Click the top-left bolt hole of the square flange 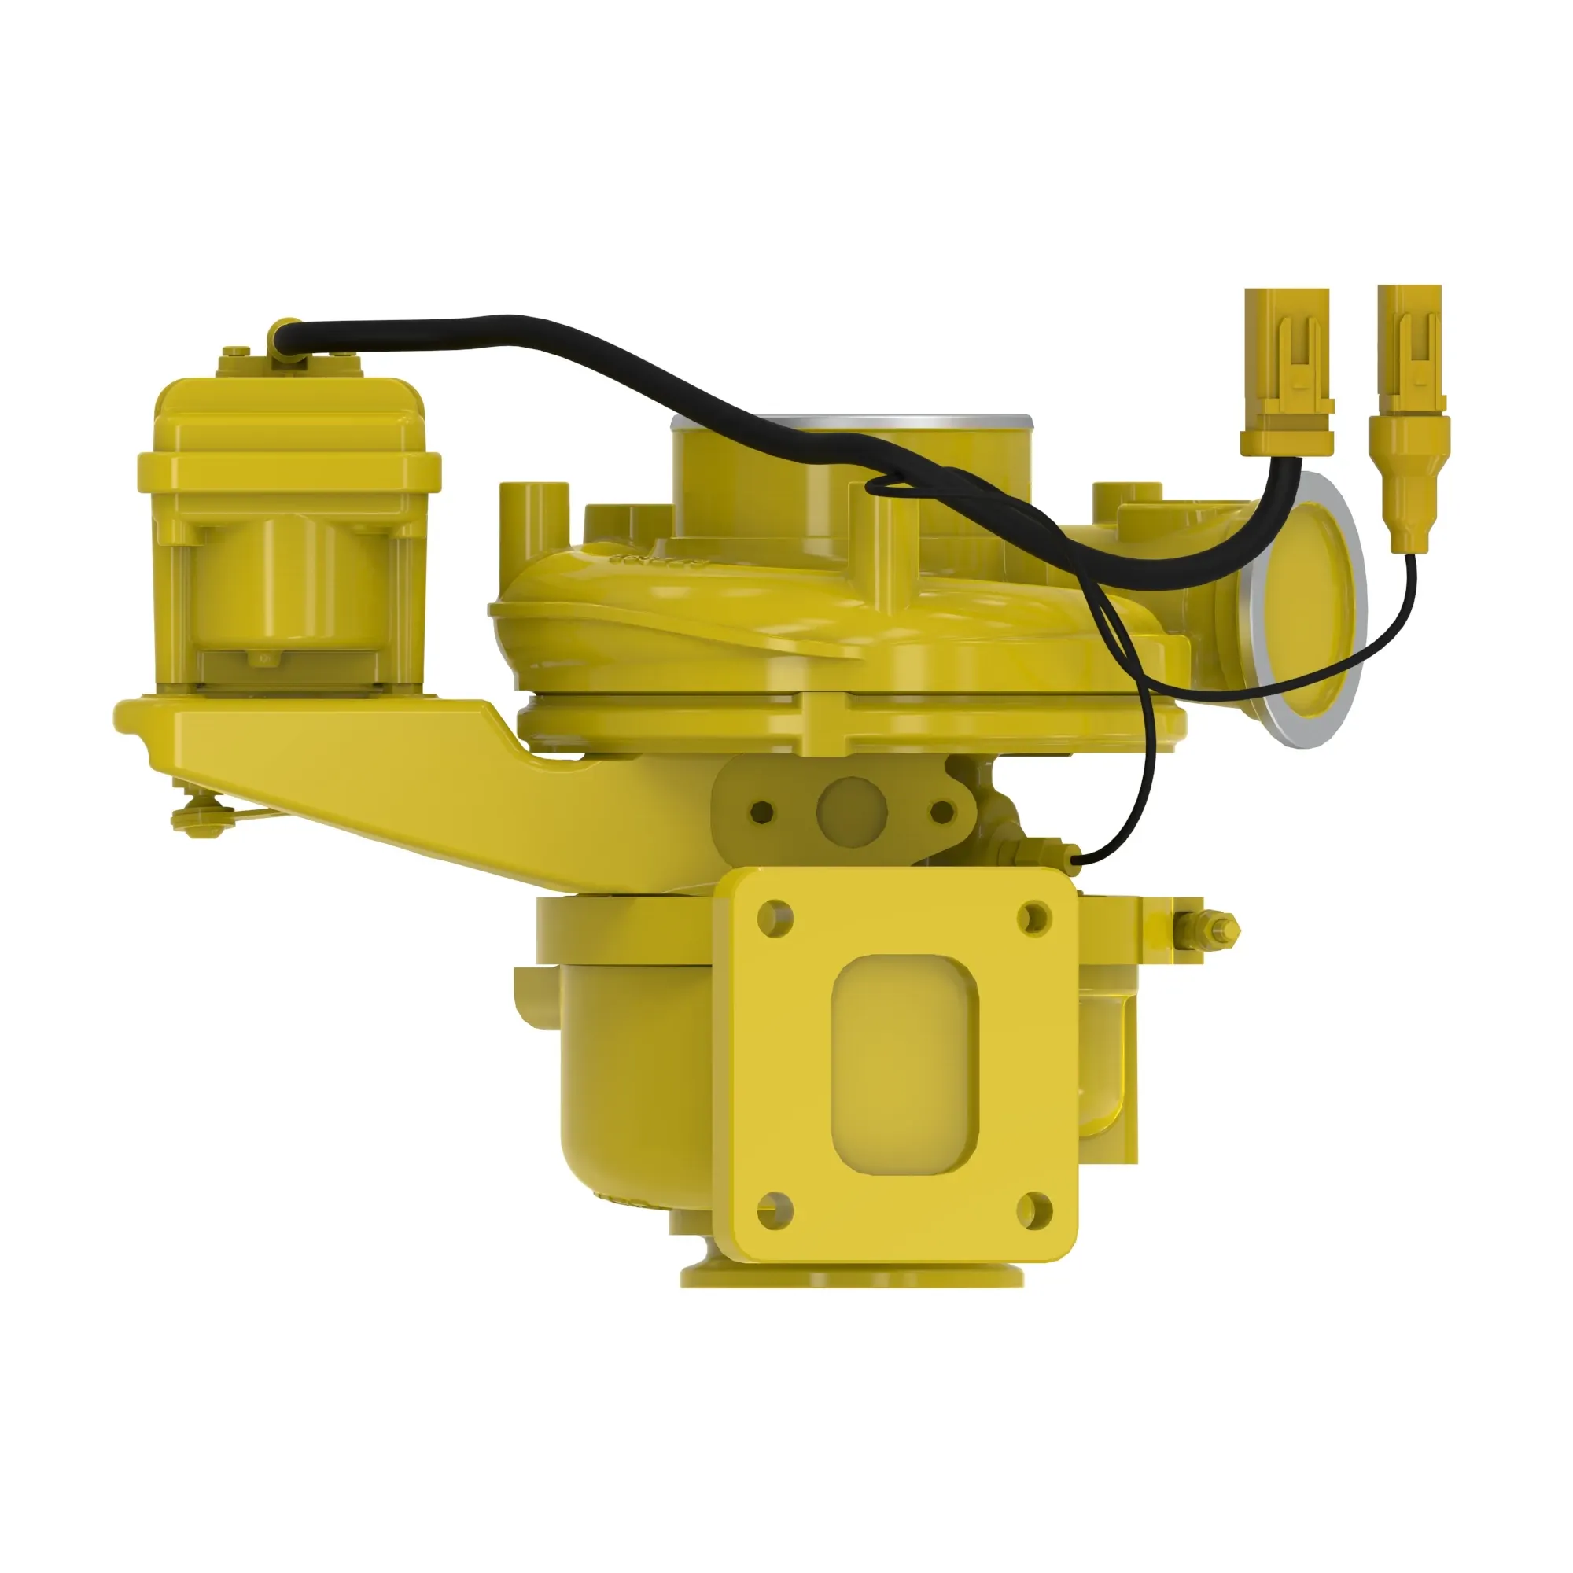(x=774, y=919)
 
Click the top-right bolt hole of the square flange (x=1034, y=919)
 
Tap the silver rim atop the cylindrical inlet (x=851, y=422)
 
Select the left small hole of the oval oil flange (x=762, y=811)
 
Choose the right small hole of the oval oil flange (x=942, y=811)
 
